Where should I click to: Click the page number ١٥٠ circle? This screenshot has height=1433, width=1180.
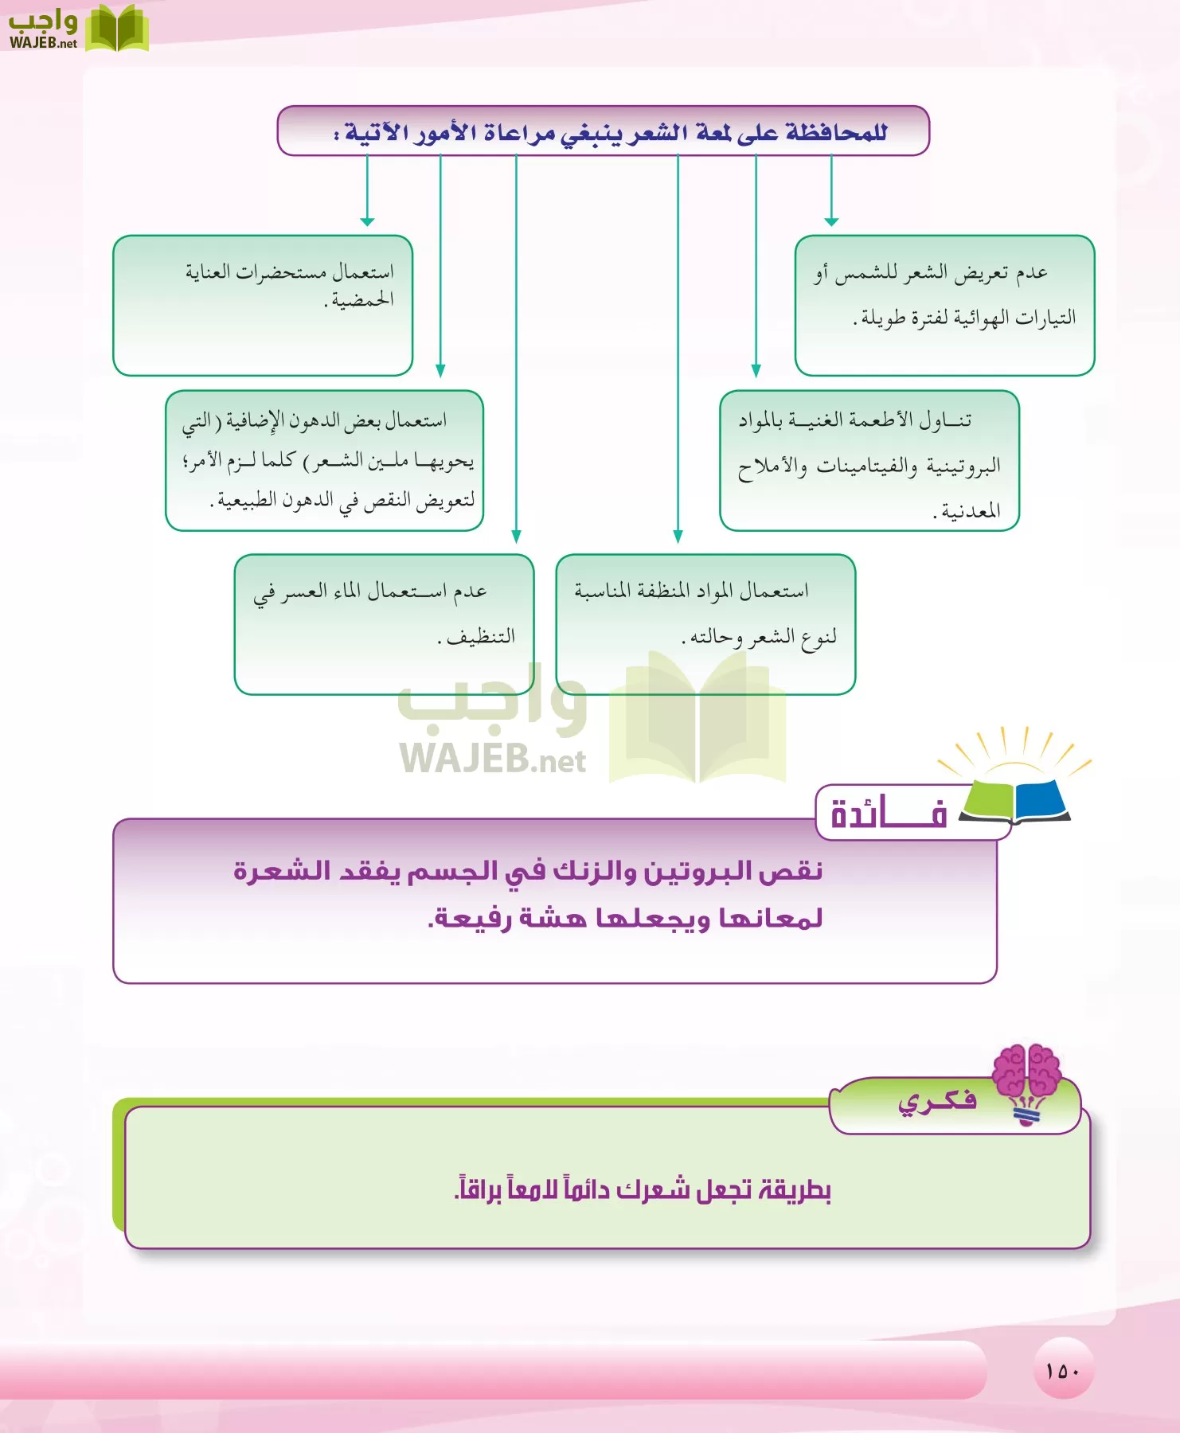1063,1370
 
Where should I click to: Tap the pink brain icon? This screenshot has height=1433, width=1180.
1027,1071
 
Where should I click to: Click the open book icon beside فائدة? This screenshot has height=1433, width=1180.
1016,799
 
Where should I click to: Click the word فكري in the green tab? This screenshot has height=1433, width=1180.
937,1102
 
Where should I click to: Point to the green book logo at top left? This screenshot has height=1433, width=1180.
116,29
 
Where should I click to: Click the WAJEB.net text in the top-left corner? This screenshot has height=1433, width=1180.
43,44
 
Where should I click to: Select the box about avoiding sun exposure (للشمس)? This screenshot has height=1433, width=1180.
944,305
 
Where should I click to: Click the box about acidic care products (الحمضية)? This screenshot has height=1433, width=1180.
263,305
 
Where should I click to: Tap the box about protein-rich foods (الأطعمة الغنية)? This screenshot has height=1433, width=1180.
869,460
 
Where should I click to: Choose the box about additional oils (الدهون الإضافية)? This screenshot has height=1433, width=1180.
324,460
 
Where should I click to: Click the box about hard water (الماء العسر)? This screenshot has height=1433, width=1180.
384,624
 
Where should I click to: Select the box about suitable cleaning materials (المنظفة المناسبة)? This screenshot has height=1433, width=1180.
705,624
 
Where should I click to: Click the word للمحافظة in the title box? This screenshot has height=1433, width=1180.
836,132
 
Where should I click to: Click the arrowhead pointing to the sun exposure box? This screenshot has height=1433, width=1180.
831,221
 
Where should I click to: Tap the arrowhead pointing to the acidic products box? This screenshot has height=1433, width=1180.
367,221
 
